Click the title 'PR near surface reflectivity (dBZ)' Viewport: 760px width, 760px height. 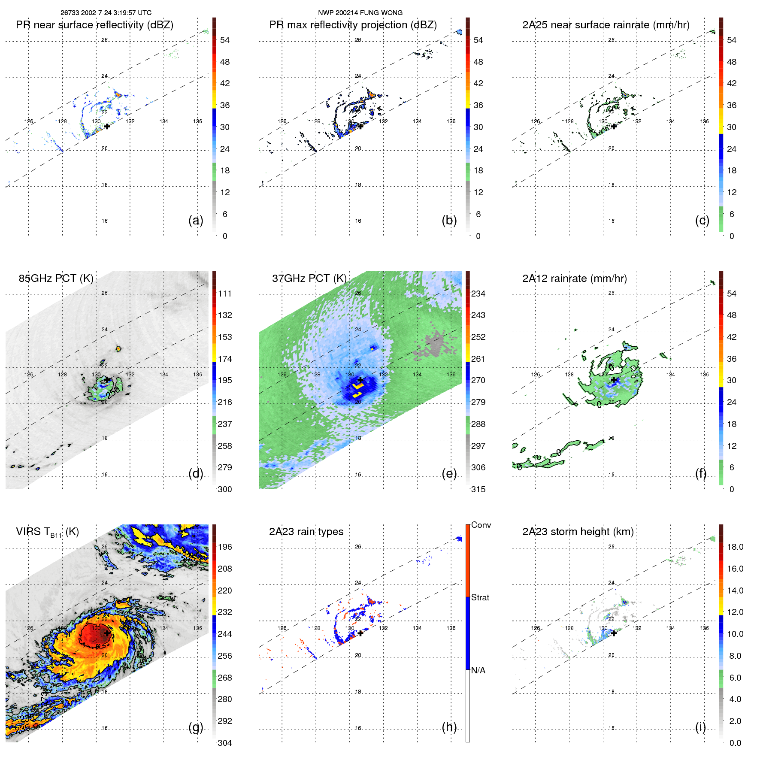tap(94, 25)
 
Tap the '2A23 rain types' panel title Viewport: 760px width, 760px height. tap(306, 532)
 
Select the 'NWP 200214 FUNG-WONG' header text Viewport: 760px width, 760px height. tap(360, 13)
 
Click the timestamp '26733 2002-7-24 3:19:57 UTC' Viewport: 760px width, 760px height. tap(106, 13)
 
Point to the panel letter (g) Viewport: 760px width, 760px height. tap(196, 727)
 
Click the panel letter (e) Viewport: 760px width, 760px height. tap(449, 473)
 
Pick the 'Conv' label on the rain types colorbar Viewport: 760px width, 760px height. tap(481, 525)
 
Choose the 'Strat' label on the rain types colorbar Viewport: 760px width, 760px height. tap(480, 597)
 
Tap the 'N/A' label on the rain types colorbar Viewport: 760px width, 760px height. tap(478, 670)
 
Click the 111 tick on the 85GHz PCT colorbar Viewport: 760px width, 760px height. tap(224, 294)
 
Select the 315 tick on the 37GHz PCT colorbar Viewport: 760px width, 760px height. tap(478, 489)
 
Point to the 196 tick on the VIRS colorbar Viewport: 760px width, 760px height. tap(224, 547)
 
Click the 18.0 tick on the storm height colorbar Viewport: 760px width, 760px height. tap(735, 547)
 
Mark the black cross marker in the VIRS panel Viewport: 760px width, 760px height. tap(106, 633)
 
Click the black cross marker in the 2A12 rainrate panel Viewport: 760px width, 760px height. tap(614, 380)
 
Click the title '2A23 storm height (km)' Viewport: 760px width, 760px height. tap(578, 532)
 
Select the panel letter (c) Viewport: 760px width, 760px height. tap(702, 220)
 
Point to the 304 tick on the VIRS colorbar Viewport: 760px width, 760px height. tap(224, 743)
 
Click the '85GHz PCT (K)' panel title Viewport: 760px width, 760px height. tap(56, 279)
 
